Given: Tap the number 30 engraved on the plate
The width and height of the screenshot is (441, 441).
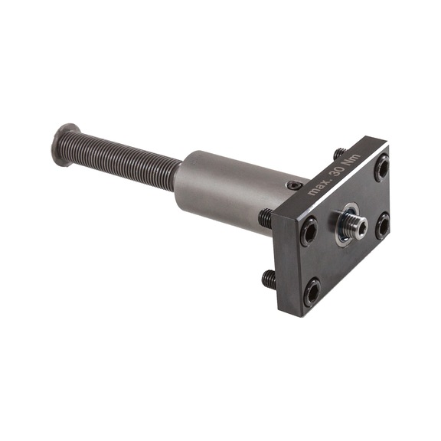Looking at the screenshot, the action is tap(337, 171).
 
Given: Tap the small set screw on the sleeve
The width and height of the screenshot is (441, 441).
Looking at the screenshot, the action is tap(294, 185).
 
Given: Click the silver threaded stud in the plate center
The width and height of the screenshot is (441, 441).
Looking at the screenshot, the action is tap(357, 226).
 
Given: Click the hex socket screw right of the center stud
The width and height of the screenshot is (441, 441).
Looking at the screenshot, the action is tap(383, 226).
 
